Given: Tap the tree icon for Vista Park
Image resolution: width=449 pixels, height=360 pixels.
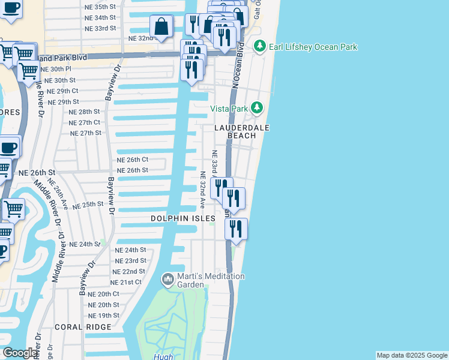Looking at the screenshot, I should point(257,108).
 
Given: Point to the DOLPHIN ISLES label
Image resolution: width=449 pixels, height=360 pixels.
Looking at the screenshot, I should point(182,219).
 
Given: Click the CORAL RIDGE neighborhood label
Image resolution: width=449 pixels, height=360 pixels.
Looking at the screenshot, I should point(82,327).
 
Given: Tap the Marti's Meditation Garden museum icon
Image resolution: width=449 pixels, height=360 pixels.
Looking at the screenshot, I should point(167,280).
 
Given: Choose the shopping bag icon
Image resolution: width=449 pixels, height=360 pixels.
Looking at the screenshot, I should point(161,26).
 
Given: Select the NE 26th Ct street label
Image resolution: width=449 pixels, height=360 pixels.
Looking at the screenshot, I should point(132,160).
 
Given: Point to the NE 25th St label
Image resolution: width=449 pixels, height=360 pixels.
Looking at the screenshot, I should point(88,205).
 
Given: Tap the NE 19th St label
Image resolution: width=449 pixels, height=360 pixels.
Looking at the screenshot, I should point(104,316).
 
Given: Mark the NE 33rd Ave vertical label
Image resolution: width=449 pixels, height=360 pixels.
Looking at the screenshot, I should point(214,163).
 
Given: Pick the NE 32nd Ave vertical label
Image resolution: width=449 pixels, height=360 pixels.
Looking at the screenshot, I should point(203,190).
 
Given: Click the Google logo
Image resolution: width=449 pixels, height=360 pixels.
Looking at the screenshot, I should point(20,353).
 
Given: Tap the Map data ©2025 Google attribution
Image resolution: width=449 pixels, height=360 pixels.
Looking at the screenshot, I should point(412,355).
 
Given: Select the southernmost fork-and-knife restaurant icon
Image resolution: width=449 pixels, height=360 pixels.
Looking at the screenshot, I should point(236,229).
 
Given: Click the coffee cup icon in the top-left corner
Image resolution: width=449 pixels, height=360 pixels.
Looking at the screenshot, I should point(11,8).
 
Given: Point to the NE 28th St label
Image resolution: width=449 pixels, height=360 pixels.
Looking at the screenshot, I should point(84,112).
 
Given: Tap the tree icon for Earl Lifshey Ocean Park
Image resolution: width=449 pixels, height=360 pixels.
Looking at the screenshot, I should point(259,46).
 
